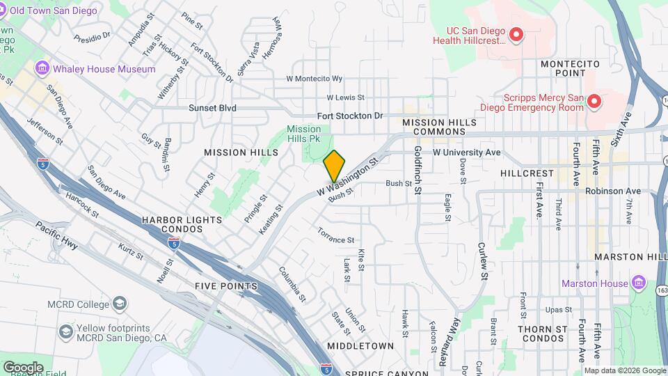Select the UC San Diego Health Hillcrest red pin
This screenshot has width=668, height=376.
point(516,34)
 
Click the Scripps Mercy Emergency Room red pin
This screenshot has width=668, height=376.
point(594,102)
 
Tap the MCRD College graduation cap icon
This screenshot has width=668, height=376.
point(120,304)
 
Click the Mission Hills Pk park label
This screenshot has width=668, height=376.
point(304,134)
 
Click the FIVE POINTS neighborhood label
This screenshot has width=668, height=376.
point(226,286)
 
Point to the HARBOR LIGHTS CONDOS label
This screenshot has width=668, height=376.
point(182,224)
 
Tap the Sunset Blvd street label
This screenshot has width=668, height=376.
point(212,108)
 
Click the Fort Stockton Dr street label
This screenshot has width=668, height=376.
point(350,116)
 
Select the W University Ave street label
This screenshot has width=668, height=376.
point(467,152)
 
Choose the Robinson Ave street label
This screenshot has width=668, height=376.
point(612,191)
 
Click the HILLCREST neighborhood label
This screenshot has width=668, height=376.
point(527,173)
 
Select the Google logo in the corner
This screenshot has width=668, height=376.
point(23,367)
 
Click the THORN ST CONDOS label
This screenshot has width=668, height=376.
point(541,333)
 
